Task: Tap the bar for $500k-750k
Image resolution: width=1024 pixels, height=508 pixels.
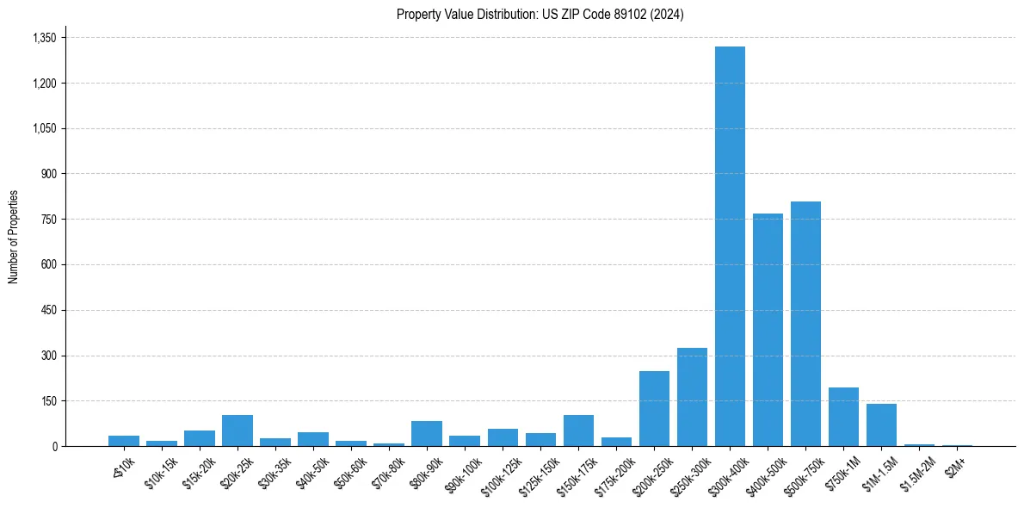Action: (805, 324)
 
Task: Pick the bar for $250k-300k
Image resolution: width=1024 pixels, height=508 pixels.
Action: (692, 397)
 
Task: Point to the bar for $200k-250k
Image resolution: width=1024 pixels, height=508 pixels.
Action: (654, 409)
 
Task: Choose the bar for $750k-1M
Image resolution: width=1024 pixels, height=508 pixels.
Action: (843, 417)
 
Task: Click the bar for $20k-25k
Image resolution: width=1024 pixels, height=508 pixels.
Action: (237, 431)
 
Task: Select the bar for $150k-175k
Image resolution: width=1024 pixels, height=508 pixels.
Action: (578, 431)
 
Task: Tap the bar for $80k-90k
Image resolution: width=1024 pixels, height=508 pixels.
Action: (427, 434)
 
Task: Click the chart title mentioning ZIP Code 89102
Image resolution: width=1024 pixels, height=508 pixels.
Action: (540, 15)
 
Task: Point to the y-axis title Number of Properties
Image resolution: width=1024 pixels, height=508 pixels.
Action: (14, 237)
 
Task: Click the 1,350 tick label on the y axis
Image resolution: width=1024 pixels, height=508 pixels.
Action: (44, 38)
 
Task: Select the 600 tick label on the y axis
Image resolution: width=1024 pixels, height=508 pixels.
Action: (48, 265)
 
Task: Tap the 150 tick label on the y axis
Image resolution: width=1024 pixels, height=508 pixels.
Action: (48, 401)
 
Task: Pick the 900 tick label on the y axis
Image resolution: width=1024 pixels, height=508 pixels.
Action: (48, 174)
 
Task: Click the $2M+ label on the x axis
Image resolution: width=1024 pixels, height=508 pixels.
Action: (956, 466)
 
